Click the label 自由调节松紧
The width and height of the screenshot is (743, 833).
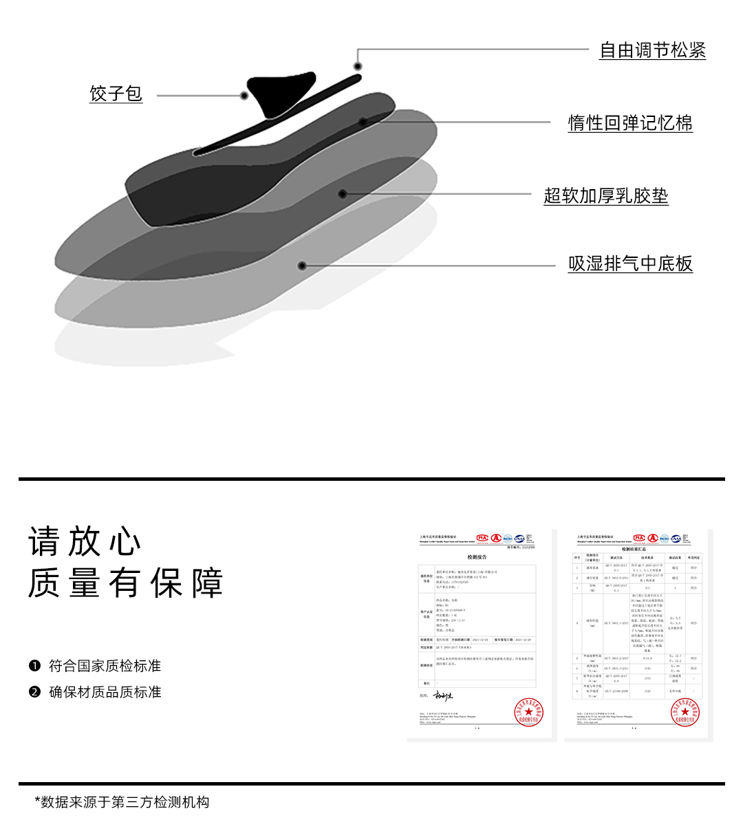[652, 50]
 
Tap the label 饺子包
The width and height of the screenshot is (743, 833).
[116, 94]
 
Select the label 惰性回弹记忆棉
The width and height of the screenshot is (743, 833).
[629, 123]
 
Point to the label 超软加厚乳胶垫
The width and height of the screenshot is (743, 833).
[605, 196]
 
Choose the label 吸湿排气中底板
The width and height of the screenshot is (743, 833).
[629, 264]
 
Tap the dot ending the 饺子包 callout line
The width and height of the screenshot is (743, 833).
[244, 96]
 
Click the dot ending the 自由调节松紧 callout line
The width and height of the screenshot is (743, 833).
[358, 66]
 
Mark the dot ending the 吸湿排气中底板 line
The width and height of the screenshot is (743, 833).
[301, 266]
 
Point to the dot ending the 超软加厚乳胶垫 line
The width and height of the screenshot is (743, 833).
[343, 194]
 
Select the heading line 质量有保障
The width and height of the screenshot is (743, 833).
[126, 583]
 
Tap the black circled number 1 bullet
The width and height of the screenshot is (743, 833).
[34, 666]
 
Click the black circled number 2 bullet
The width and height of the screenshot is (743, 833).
[34, 692]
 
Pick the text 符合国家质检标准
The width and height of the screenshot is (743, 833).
[105, 666]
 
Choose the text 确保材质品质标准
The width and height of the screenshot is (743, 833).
[105, 692]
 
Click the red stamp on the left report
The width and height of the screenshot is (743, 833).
[528, 712]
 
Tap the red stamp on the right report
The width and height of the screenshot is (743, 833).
[685, 712]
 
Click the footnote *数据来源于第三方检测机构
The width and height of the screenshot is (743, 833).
[122, 802]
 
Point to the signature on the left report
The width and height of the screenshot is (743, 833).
[444, 696]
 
